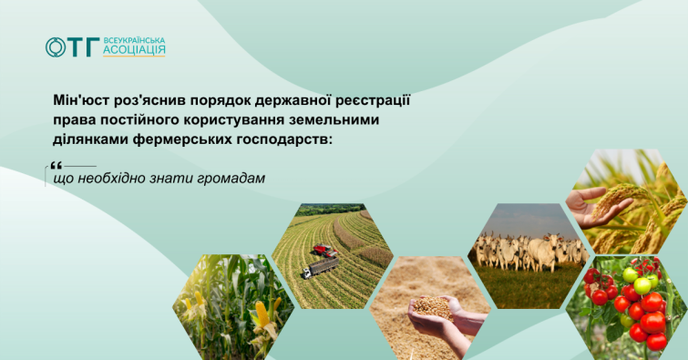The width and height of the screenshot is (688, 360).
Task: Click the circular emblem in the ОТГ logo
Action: point(56,47)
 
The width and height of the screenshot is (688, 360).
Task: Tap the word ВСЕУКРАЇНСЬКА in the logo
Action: point(134,41)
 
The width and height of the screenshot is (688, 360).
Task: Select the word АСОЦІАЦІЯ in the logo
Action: point(134,51)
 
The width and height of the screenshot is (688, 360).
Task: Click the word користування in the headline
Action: point(231,120)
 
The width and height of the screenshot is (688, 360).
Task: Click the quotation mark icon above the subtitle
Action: point(56,166)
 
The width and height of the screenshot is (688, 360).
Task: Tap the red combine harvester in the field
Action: point(324,251)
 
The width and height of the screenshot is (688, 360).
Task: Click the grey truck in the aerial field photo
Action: point(320,267)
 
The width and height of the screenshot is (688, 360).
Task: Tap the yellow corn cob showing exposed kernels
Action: point(262,313)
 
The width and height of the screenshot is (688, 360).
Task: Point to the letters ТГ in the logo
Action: point(84,47)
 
